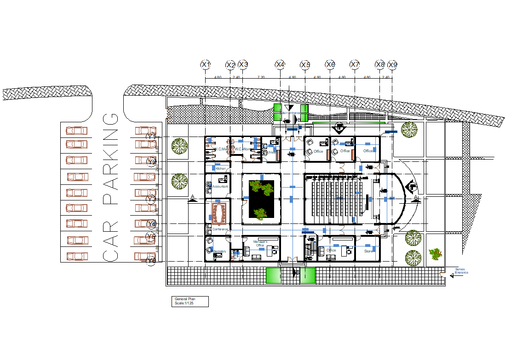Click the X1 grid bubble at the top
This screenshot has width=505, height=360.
206,65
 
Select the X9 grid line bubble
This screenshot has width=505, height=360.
392,65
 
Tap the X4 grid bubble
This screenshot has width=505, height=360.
280,65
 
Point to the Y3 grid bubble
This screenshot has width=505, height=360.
151,199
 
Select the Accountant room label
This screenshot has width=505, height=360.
220,186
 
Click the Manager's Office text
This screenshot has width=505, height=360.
260,243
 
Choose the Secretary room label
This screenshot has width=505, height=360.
219,251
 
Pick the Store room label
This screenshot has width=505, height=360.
368,251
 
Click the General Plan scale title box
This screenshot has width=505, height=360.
190,301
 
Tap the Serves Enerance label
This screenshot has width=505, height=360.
461,271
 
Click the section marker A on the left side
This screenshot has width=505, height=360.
193,198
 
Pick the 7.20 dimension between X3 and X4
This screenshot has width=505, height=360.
261,77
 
